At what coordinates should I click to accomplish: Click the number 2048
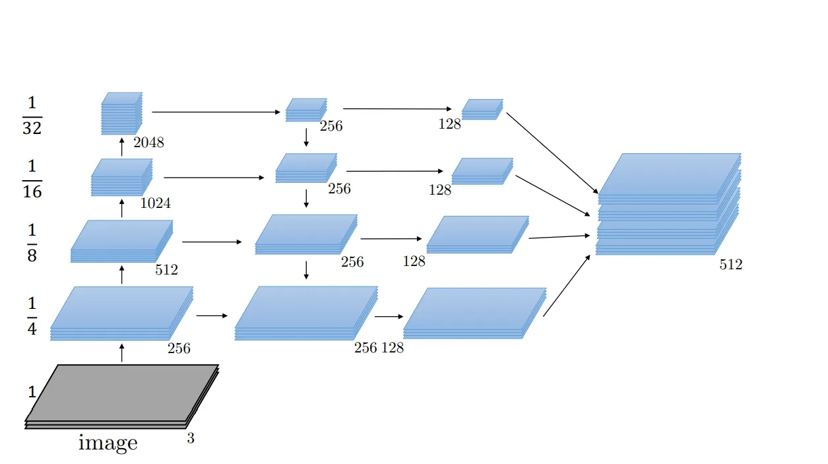[148, 142]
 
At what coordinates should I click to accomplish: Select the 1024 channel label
[156, 203]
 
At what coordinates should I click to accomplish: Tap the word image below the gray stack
[108, 443]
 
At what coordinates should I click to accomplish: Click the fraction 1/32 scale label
[32, 116]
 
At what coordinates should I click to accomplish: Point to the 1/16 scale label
[32, 179]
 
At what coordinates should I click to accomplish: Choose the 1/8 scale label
[32, 243]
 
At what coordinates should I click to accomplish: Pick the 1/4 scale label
[32, 316]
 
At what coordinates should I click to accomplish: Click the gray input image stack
[122, 396]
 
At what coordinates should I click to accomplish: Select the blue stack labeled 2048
[122, 113]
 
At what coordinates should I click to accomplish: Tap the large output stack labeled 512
[668, 205]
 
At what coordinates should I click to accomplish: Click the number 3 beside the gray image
[191, 438]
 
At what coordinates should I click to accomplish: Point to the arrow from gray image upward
[122, 352]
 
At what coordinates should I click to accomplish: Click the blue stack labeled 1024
[122, 177]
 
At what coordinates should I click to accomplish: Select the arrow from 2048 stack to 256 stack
[216, 112]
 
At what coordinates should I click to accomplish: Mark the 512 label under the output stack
[731, 265]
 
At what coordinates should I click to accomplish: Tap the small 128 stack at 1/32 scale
[482, 109]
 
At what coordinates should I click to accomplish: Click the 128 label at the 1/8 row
[414, 261]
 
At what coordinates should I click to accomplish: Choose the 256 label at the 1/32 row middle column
[331, 126]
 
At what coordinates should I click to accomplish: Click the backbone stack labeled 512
[121, 241]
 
